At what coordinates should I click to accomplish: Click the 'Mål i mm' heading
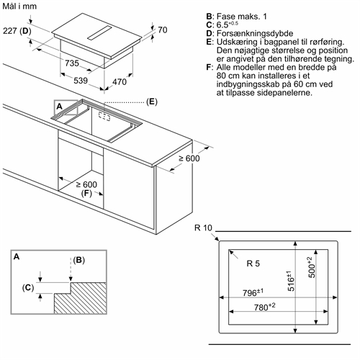pos(19,6)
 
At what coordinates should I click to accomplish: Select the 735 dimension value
pos(72,63)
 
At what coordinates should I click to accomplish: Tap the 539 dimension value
pos(81,81)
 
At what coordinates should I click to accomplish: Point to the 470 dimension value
pos(120,82)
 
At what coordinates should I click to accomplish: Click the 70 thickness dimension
pos(163,30)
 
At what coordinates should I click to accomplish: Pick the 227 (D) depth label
pos(17,31)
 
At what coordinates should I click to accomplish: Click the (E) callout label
pos(152,102)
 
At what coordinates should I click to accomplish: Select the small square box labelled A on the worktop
pos(66,107)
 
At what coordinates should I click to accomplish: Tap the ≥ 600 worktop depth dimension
pos(189,158)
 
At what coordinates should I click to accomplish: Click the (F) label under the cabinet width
pos(86,193)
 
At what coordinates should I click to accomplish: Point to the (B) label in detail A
pos(79,260)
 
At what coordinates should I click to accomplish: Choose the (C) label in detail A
pos(28,287)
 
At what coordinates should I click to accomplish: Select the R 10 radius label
pos(203,228)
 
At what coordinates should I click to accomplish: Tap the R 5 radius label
pos(253,264)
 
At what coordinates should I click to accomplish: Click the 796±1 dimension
pos(253,292)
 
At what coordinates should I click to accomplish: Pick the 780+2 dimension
pos(265,307)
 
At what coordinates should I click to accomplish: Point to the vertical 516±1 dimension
pos(290,281)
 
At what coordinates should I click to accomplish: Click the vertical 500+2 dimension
pos(311,267)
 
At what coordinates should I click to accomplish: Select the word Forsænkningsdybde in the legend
pos(255,33)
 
